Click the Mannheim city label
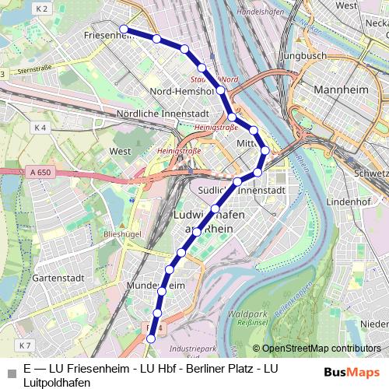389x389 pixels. pyautogui.click(x=339, y=90)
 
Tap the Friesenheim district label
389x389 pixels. pyautogui.click(x=102, y=36)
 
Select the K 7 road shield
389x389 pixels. pyautogui.click(x=26, y=345)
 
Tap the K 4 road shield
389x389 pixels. pyautogui.click(x=40, y=127)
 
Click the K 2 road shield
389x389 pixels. pyautogui.click(x=41, y=9)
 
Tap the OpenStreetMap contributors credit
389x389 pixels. pyautogui.click(x=317, y=349)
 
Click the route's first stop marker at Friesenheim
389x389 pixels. pyautogui.click(x=124, y=29)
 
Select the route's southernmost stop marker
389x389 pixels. pyautogui.click(x=151, y=338)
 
